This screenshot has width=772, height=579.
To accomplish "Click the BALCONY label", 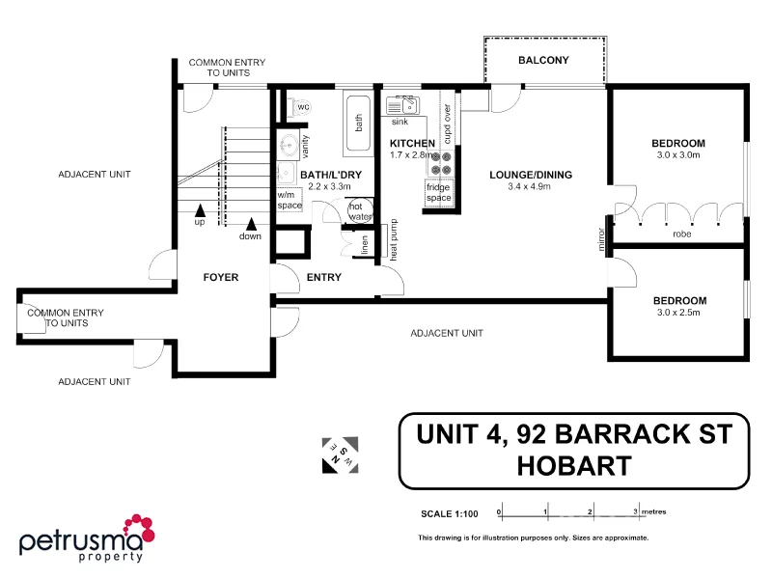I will pos(543,61).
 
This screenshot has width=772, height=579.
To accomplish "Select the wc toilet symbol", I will pos(301,106).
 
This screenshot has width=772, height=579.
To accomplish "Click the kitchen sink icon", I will pos(400,105).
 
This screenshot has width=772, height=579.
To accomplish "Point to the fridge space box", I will pos(439,192).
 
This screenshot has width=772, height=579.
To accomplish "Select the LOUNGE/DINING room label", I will pos(531,175).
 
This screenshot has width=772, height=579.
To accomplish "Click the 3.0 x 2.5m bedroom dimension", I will pos(678,313).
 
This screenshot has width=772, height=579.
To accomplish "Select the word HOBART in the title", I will pos(574,466).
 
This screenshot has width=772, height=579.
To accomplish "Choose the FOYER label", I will pos(220,277).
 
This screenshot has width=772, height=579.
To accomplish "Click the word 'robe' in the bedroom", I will pos(680,234).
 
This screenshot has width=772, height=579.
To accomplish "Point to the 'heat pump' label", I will pos(394,242).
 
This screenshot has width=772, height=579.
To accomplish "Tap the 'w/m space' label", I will pos(289,201).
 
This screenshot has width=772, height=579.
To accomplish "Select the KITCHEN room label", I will pos(412,144).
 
